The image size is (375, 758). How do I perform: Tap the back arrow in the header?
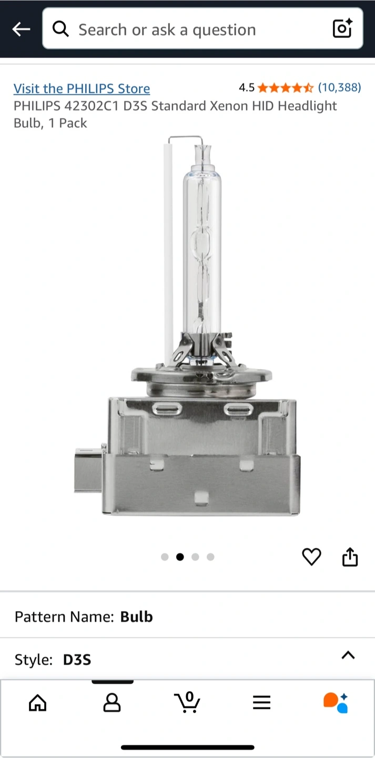click(21, 29)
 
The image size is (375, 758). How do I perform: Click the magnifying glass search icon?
click(60, 29)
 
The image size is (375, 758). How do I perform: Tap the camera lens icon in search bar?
click(343, 28)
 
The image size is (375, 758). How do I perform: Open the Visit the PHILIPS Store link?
click(82, 88)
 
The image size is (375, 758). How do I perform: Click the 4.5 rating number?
click(247, 87)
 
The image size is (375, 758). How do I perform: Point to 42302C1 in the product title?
click(92, 106)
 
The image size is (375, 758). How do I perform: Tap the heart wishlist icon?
click(311, 557)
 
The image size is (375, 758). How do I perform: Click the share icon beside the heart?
click(350, 557)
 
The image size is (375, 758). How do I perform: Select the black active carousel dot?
click(180, 557)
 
